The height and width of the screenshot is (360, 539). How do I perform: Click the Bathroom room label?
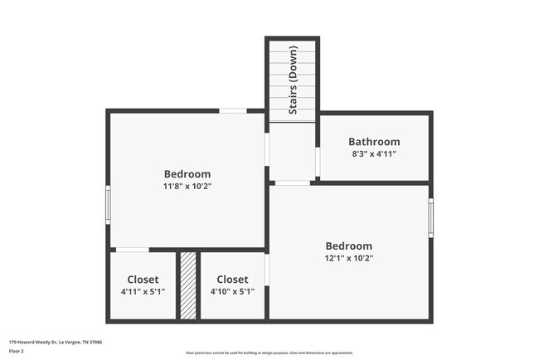[374, 142]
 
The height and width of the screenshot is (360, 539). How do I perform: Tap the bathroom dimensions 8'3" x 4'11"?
[374, 154]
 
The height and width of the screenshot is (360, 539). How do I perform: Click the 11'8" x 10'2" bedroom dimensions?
[187, 187]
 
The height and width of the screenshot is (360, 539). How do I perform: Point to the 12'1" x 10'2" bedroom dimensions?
[348, 258]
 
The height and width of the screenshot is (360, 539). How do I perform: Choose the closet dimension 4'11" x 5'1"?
[143, 291]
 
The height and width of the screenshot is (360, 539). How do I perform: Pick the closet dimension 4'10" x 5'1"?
[232, 291]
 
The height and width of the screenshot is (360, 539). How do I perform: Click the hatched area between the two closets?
[188, 285]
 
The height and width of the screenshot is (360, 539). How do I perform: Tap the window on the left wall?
[108, 204]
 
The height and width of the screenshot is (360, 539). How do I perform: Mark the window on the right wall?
[430, 218]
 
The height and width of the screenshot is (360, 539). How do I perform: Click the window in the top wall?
[233, 110]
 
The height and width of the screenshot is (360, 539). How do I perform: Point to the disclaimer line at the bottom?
[269, 353]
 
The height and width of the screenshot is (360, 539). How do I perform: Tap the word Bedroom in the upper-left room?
[187, 174]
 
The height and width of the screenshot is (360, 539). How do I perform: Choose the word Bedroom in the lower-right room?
[348, 246]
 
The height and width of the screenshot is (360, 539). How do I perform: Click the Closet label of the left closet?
[143, 280]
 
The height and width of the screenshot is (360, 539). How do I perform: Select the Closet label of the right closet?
[232, 280]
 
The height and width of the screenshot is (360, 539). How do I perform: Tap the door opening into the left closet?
[132, 250]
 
